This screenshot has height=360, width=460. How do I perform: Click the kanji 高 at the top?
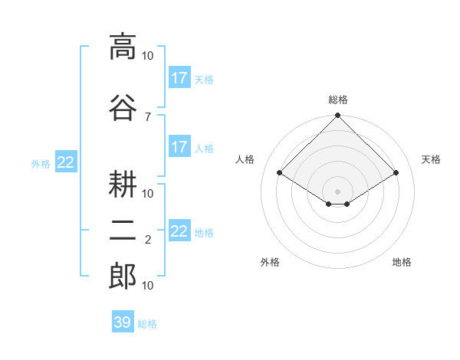123,47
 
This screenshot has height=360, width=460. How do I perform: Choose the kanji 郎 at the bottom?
123,277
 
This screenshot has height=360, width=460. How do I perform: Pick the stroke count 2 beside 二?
147,240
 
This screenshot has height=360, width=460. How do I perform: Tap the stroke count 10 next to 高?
148,56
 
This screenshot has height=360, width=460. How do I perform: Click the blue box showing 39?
123,322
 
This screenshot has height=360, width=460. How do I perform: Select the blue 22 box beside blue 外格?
65,162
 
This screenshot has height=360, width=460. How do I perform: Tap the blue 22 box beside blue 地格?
179,231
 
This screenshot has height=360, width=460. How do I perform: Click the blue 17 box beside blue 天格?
179,78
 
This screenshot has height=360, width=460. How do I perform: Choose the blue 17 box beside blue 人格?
179,147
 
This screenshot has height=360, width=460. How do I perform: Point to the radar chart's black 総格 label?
337,100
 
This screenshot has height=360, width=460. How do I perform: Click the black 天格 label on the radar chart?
431,159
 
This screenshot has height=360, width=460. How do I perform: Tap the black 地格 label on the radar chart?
402,262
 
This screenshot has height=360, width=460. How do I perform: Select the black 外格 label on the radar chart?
270,262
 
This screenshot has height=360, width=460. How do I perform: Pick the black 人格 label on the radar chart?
245,159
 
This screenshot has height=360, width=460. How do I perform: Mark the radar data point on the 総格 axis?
337,116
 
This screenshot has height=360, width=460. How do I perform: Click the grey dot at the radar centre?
337,190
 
